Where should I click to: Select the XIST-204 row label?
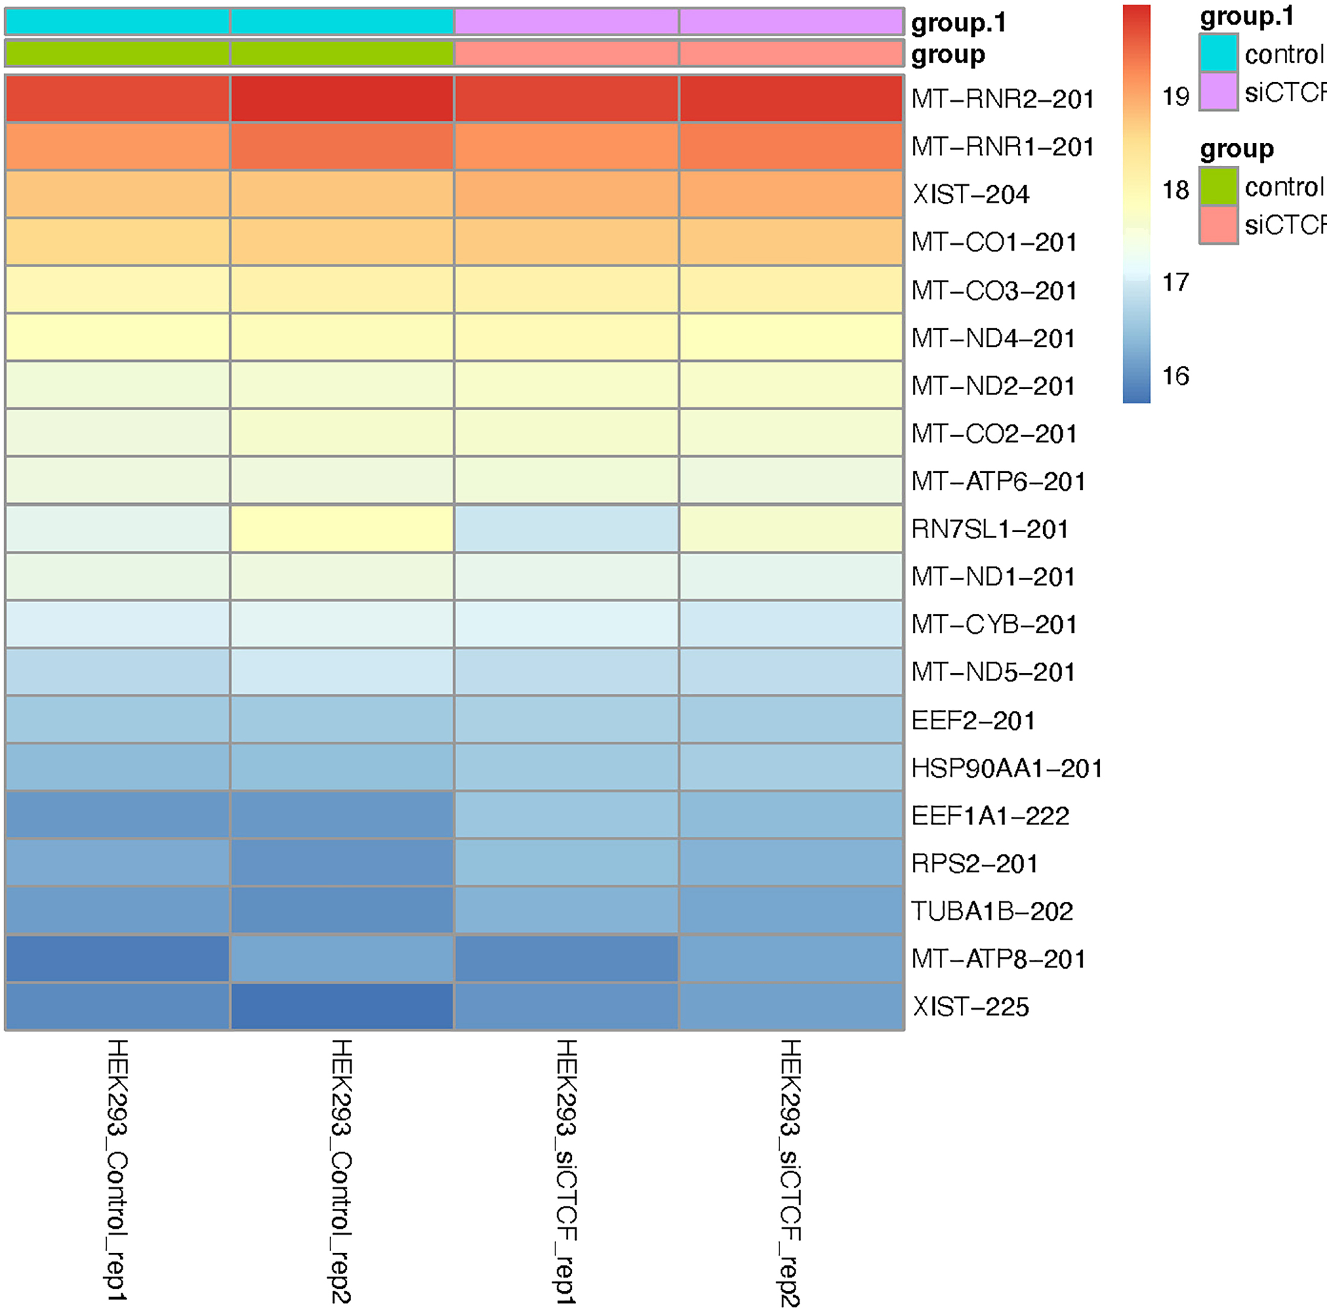pyautogui.click(x=971, y=195)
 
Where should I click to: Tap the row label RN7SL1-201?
pyautogui.click(x=990, y=530)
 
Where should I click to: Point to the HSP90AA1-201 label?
pyautogui.click(x=1007, y=769)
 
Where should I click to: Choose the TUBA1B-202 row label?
pyautogui.click(x=992, y=911)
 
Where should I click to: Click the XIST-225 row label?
pyautogui.click(x=971, y=1007)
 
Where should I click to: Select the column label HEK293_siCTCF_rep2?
pyautogui.click(x=790, y=1172)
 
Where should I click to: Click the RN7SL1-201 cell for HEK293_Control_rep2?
pyautogui.click(x=342, y=529)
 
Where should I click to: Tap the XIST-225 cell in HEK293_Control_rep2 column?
pyautogui.click(x=342, y=1006)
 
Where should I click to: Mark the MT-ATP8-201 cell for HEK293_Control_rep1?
pyautogui.click(x=118, y=959)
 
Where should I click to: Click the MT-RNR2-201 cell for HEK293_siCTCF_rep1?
pyautogui.click(x=566, y=99)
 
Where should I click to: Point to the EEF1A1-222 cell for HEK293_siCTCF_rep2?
pyautogui.click(x=791, y=816)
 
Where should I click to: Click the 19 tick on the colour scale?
pyautogui.click(x=1175, y=97)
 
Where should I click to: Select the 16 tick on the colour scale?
pyautogui.click(x=1175, y=376)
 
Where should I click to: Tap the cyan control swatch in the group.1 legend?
pyautogui.click(x=1218, y=54)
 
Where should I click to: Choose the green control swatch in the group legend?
pyautogui.click(x=1218, y=186)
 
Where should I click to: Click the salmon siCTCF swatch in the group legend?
pyautogui.click(x=1218, y=224)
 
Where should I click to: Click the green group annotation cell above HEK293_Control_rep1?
pyautogui.click(x=118, y=54)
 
